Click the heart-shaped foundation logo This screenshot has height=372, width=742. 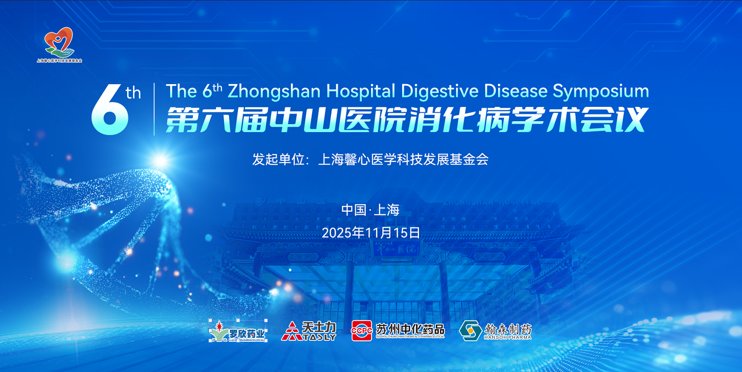[59, 42]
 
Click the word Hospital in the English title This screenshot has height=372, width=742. [361, 91]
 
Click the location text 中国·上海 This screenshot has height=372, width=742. [370, 210]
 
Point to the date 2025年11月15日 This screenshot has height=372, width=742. [371, 232]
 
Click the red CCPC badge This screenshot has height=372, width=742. [362, 330]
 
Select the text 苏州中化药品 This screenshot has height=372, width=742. [410, 329]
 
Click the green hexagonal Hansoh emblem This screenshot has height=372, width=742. [470, 330]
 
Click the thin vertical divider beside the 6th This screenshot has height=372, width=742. [154, 109]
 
